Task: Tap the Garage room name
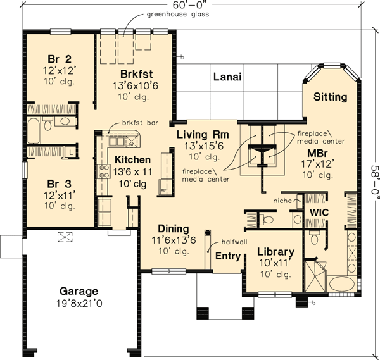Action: tap(79, 292)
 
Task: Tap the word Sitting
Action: tap(330, 97)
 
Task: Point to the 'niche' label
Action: tap(282, 201)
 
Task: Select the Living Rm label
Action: tap(203, 135)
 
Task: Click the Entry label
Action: tap(227, 256)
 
